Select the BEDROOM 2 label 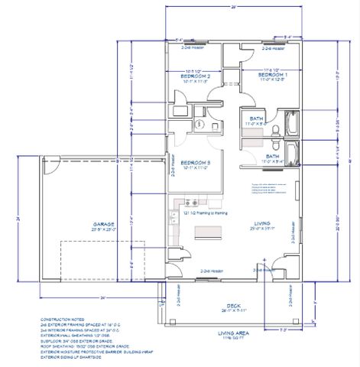(195, 76)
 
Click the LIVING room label (264, 224)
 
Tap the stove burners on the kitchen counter (193, 203)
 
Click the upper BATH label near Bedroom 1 (257, 119)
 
